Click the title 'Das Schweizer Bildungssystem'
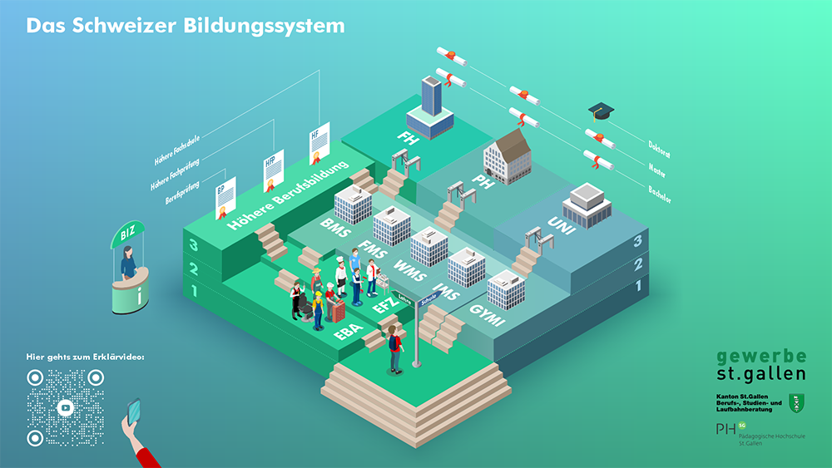(x=185, y=25)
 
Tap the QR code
(x=67, y=408)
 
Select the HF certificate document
(x=319, y=144)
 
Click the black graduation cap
(x=601, y=111)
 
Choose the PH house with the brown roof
(x=508, y=155)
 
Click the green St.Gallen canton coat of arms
(x=795, y=403)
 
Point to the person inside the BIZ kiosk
(x=128, y=264)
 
